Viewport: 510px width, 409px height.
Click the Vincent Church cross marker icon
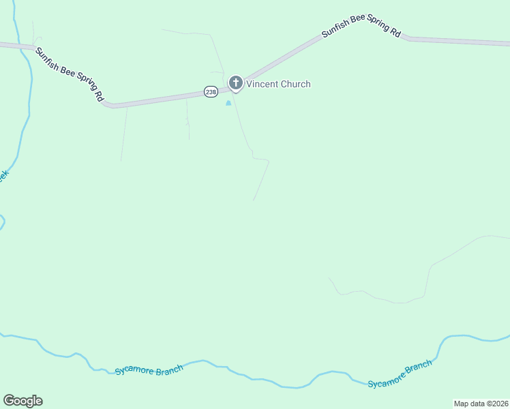coord(235,83)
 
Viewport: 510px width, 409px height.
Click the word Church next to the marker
coord(296,85)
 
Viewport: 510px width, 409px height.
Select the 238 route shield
coord(210,91)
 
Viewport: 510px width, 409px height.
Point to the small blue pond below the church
coord(228,103)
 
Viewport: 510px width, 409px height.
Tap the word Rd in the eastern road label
coord(395,31)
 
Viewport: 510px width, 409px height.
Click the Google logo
coord(22,401)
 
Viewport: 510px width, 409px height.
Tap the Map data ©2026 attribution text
coord(481,404)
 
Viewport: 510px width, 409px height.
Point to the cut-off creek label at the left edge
coord(3,176)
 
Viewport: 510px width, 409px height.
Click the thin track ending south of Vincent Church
coord(261,181)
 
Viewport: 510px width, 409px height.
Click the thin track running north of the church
coord(217,51)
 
